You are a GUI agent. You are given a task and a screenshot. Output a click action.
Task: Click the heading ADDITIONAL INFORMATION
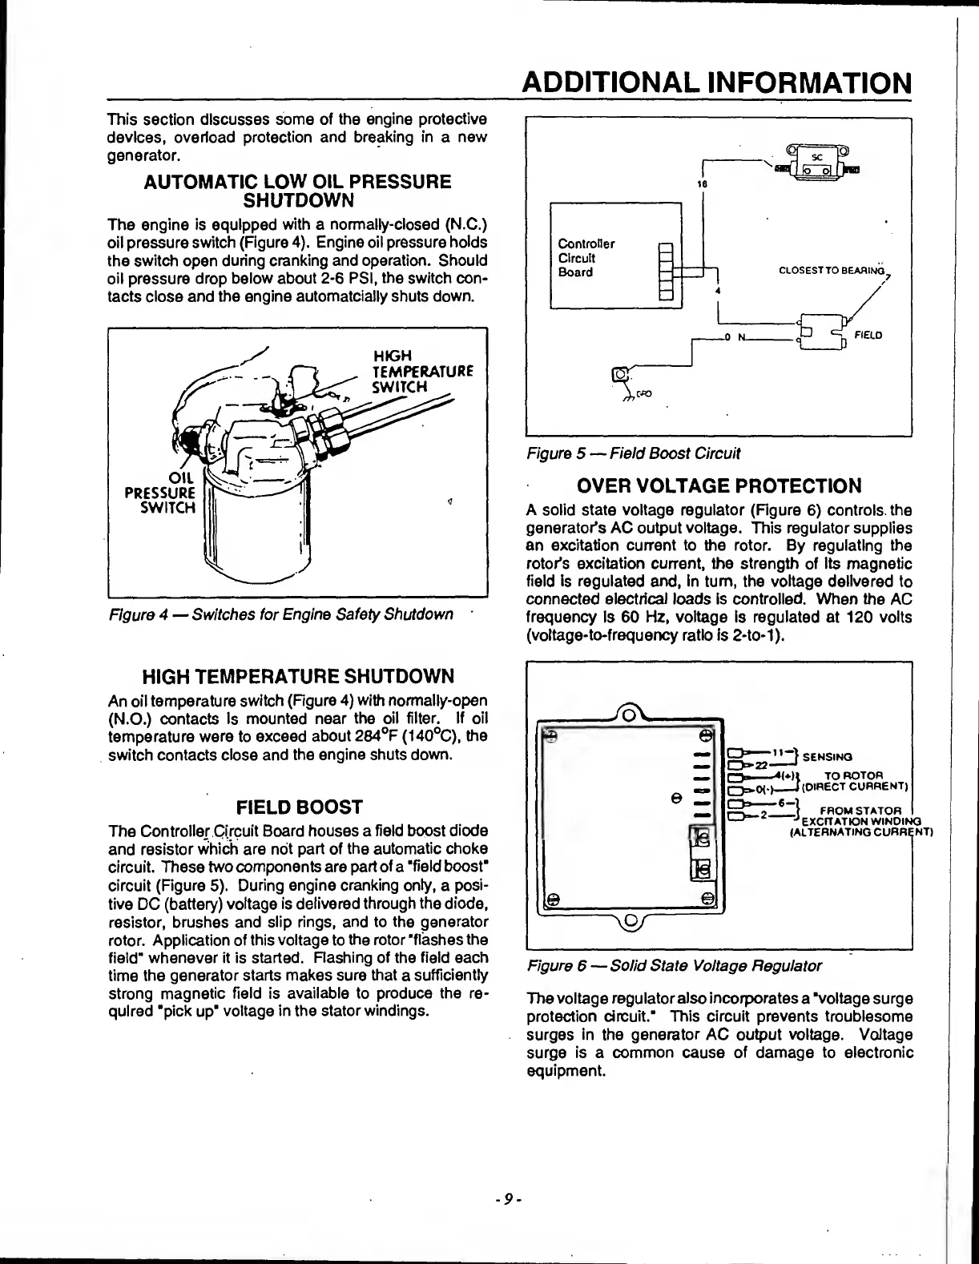click(715, 83)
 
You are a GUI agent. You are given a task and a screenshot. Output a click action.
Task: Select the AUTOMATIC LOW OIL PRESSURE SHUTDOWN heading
click(296, 190)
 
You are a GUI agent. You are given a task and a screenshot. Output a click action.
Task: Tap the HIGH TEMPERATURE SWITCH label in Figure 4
click(424, 371)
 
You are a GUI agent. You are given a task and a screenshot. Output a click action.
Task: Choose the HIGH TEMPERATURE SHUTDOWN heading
click(297, 675)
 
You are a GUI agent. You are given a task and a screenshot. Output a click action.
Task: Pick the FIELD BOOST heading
click(297, 807)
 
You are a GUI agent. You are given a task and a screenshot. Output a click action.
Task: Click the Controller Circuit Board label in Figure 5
click(586, 258)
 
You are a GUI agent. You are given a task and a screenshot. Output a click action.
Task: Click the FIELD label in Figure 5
click(868, 335)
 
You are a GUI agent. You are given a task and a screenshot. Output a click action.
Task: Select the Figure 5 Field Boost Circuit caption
click(633, 453)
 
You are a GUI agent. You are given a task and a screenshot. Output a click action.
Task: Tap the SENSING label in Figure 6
click(828, 756)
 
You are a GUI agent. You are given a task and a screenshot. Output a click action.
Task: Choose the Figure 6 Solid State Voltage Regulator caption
click(674, 966)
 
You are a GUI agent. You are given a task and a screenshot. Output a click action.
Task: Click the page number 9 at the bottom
click(509, 1199)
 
